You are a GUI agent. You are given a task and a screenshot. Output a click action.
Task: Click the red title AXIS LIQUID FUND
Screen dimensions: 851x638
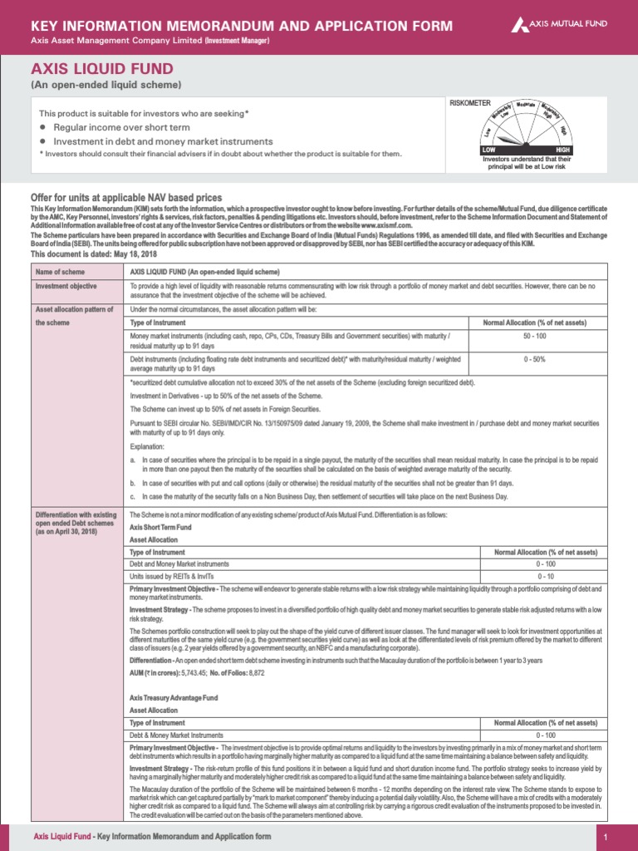tap(102, 69)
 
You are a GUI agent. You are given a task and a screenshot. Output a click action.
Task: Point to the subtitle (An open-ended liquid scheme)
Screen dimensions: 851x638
tap(106, 86)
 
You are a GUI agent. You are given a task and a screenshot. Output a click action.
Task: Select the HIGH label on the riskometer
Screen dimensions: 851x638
tap(562, 149)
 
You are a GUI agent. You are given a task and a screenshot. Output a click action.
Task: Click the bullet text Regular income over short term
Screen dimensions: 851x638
tap(121, 128)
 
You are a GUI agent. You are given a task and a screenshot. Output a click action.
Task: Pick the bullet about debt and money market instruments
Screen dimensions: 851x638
tap(163, 141)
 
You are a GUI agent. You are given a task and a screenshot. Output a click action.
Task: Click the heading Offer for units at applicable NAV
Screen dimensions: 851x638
tap(126, 197)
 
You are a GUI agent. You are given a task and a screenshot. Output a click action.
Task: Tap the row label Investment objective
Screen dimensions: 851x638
tap(66, 287)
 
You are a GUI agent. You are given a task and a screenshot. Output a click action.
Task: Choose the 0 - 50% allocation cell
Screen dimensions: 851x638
tap(534, 359)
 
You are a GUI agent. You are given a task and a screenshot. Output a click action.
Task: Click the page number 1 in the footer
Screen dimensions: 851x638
tap(606, 836)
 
